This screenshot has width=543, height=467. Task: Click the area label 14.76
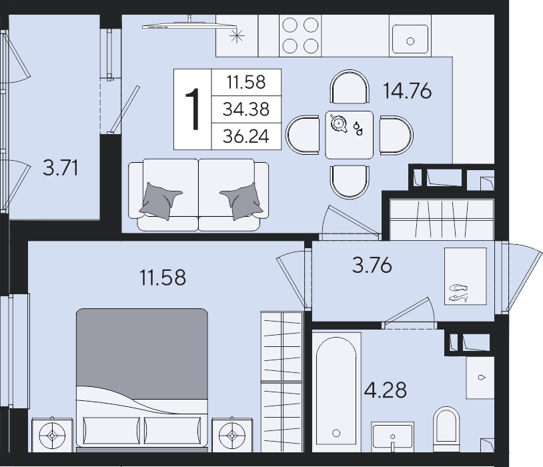click(407, 91)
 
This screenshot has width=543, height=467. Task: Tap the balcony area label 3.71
click(60, 168)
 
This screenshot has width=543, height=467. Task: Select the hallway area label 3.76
click(372, 265)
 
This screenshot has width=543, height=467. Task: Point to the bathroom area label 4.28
click(385, 390)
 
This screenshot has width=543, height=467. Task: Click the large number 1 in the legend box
click(193, 109)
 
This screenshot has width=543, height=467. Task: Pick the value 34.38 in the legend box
click(246, 109)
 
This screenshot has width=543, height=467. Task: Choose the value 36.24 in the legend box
click(246, 136)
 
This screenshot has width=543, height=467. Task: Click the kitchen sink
click(410, 39)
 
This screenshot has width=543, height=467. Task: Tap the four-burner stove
click(300, 35)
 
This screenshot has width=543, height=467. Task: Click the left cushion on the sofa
click(160, 201)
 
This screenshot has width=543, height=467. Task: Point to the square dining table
click(349, 135)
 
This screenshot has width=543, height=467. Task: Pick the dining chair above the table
click(350, 87)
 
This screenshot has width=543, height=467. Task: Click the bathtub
click(336, 392)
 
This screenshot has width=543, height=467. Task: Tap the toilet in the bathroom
click(446, 429)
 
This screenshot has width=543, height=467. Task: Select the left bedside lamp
click(52, 435)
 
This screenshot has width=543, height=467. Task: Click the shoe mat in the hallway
click(466, 276)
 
